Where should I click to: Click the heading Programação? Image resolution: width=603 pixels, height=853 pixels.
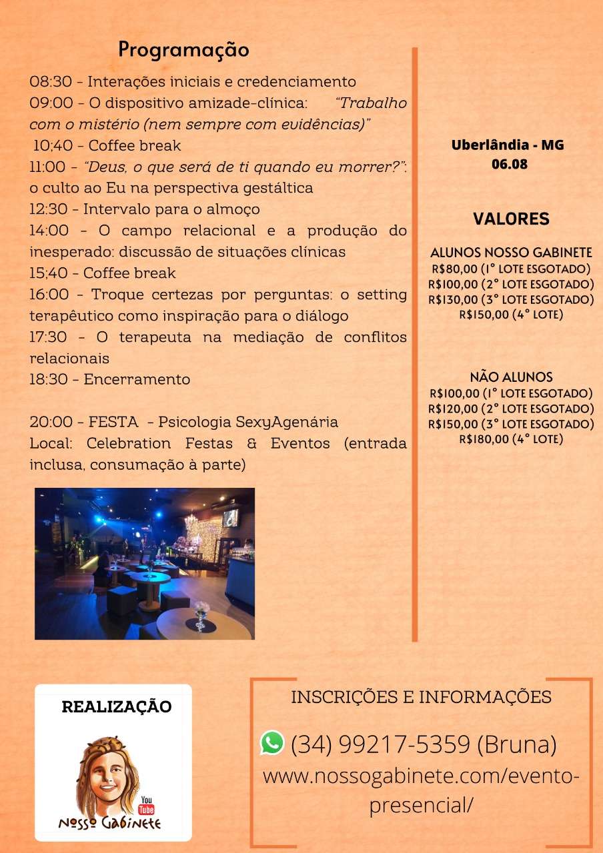click(x=183, y=50)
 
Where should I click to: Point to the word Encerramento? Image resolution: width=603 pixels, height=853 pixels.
click(x=137, y=380)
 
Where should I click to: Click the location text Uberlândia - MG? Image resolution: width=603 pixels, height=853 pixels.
click(x=507, y=145)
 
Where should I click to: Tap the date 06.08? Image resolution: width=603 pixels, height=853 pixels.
click(x=509, y=164)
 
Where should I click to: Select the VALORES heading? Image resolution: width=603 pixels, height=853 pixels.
click(x=511, y=219)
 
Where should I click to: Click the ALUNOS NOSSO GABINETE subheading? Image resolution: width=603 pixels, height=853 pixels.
click(x=511, y=253)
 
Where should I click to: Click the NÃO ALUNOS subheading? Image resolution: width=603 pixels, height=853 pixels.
click(x=511, y=377)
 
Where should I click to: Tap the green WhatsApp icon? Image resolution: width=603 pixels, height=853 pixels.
click(x=272, y=742)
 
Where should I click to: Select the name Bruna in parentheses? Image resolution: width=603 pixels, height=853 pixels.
click(x=517, y=744)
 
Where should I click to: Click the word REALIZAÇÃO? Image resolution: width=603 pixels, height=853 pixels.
click(x=116, y=706)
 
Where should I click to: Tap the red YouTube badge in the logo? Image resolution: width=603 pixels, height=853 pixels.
click(x=145, y=805)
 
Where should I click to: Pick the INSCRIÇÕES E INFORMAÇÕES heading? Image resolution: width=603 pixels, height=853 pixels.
click(x=421, y=697)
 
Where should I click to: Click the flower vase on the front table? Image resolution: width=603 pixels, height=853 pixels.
click(x=201, y=615)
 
